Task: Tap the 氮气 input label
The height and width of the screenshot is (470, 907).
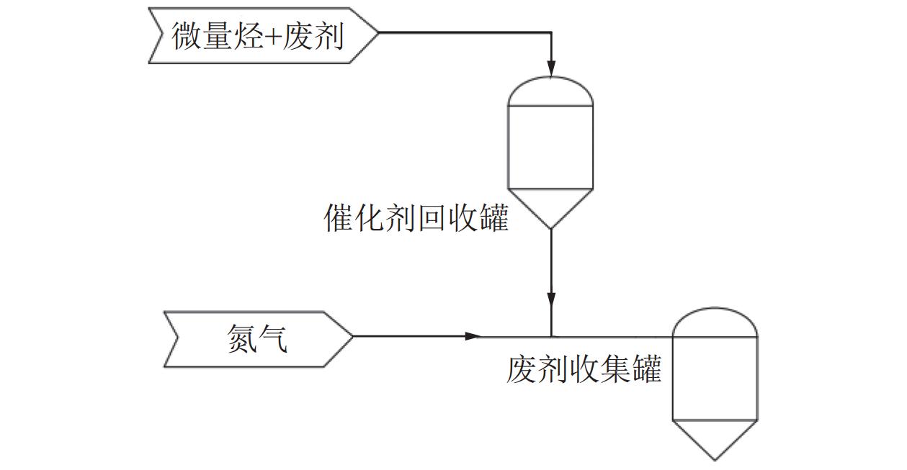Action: coord(258,338)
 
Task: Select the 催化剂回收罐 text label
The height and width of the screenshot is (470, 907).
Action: coord(416,218)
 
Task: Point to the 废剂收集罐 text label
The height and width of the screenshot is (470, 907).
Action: coord(584,371)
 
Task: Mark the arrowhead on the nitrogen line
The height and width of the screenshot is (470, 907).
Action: coord(473,336)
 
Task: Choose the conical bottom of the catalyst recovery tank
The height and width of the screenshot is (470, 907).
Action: coord(551,206)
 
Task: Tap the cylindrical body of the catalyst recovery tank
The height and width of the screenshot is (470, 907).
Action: coord(551,148)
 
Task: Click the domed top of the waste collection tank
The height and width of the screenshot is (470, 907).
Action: coord(715,322)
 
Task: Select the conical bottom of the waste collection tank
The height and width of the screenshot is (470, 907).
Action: coord(715,437)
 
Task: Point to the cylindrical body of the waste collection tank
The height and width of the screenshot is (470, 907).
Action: coord(715,378)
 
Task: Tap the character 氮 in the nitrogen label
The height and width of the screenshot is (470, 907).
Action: coord(241,338)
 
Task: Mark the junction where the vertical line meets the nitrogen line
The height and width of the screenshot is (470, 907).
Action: coord(551,336)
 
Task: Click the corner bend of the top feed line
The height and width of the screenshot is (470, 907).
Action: coord(551,32)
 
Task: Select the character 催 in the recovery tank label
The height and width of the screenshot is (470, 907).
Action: coord(339,218)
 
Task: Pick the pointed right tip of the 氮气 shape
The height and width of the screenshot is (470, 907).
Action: coord(352,336)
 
